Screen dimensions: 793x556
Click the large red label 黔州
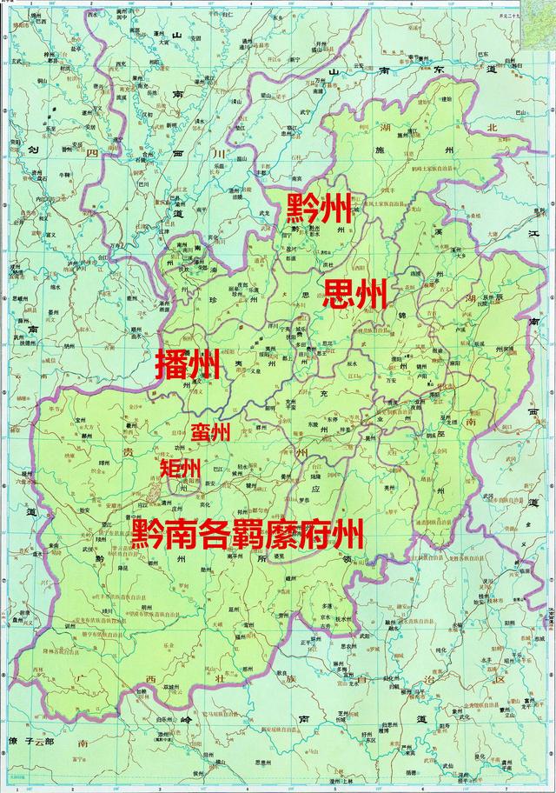pos(320,209)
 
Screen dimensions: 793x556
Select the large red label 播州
pos(188,366)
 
